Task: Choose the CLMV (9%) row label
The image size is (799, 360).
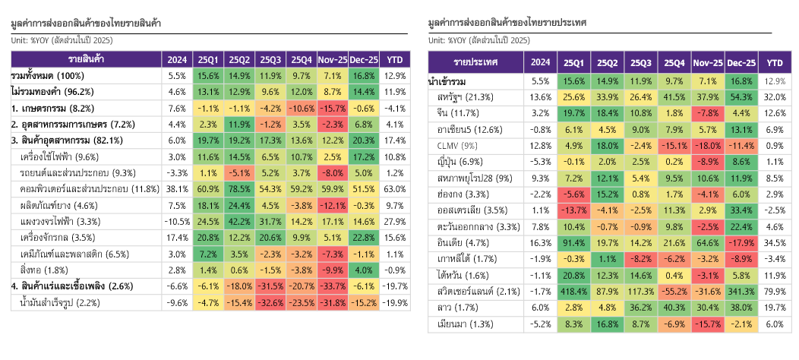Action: pyautogui.click(x=456, y=145)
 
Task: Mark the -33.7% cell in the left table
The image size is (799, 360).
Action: pyautogui.click(x=332, y=286)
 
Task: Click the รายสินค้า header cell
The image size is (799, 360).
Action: pyautogui.click(x=86, y=59)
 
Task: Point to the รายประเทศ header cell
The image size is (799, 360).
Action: pyautogui.click(x=475, y=62)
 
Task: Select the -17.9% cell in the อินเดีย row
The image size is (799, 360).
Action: pyautogui.click(x=741, y=243)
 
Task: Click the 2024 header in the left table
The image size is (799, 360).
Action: pyautogui.click(x=177, y=59)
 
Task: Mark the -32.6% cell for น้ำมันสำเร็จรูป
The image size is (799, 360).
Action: pyautogui.click(x=271, y=303)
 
